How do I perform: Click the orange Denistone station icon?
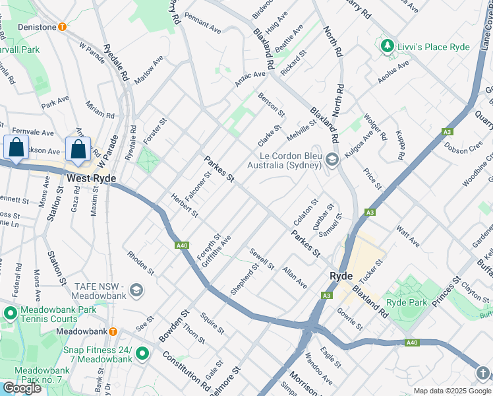[62, 27]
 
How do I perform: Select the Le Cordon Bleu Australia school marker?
[332, 159]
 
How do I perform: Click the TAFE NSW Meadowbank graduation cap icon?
[136, 290]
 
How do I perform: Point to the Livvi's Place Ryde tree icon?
[386, 47]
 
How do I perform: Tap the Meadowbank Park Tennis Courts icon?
[11, 312]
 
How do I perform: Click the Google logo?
[22, 388]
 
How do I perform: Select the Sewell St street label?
[262, 259]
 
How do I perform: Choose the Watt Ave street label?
[408, 236]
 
